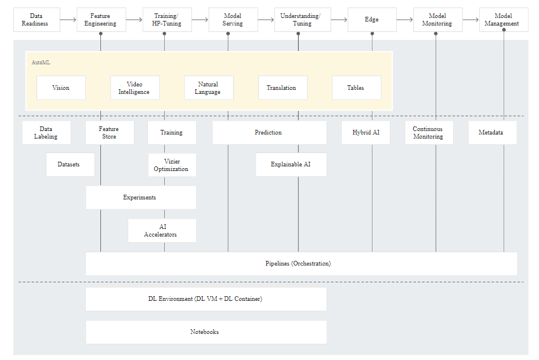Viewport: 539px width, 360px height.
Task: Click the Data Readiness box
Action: coord(37,20)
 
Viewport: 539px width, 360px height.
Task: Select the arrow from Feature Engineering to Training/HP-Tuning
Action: coord(134,20)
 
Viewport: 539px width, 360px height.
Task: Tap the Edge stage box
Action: coord(372,20)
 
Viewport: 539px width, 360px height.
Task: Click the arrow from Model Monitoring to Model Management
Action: coord(471,20)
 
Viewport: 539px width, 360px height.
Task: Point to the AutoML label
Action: coord(41,63)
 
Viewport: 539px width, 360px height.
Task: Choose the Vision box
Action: coord(61,88)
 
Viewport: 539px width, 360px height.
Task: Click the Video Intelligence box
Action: coord(135,88)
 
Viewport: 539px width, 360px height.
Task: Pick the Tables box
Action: coord(356,88)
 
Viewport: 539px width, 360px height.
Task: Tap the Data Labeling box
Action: coord(46,133)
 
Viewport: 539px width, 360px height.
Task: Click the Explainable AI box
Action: coord(291,165)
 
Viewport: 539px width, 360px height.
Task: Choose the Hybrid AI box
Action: coord(366,133)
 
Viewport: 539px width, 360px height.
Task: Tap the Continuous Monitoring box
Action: coord(429,133)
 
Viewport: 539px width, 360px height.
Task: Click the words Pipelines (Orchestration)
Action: coord(298,263)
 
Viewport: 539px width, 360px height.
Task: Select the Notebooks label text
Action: coord(205,332)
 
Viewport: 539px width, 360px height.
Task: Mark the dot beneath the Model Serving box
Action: coord(228,34)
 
